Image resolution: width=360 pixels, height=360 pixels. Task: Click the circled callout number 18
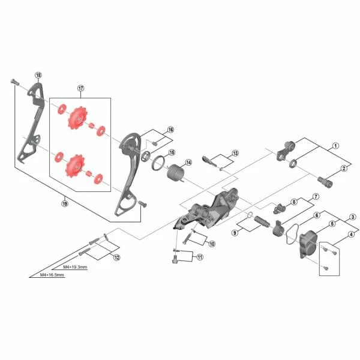pos(38,75)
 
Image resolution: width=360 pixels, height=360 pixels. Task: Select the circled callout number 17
pos(81,88)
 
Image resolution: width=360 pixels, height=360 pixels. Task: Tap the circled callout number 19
pos(65,203)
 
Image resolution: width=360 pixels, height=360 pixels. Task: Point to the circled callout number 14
pos(188,163)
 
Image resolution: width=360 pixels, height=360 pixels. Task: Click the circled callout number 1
pos(335,146)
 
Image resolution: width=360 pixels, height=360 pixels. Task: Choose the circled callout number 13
pos(235,153)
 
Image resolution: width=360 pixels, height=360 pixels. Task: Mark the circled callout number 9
pos(235,233)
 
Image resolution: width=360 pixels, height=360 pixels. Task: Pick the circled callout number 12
pos(117,257)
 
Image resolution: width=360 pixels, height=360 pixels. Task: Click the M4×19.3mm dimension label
pos(75,267)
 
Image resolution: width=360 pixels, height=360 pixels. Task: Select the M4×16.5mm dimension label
pos(52,275)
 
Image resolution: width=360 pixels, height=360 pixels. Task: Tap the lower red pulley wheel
pos(75,166)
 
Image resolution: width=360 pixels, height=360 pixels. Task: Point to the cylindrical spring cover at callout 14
pos(176,174)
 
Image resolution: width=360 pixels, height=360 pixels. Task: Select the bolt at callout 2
pos(325,182)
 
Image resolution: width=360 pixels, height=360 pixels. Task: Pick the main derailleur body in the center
pos(208,209)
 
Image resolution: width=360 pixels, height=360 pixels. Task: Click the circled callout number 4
pos(351,235)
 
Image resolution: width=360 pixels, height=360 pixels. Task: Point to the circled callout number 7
pos(316,197)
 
